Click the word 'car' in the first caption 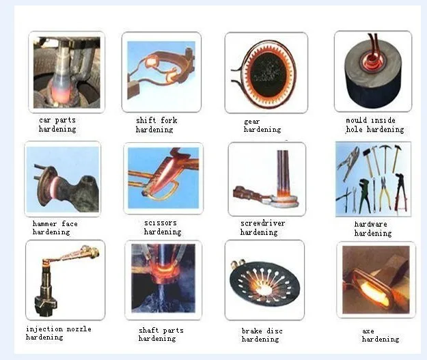[x=45, y=120]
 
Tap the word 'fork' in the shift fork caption [x=169, y=120]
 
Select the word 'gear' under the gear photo [x=251, y=122]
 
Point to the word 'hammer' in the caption [x=44, y=224]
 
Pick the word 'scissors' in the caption [x=161, y=223]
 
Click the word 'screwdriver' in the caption [x=262, y=223]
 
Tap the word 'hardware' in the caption [x=370, y=224]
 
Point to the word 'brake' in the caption [x=251, y=331]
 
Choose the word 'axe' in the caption [x=368, y=331]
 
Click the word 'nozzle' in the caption [x=79, y=329]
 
